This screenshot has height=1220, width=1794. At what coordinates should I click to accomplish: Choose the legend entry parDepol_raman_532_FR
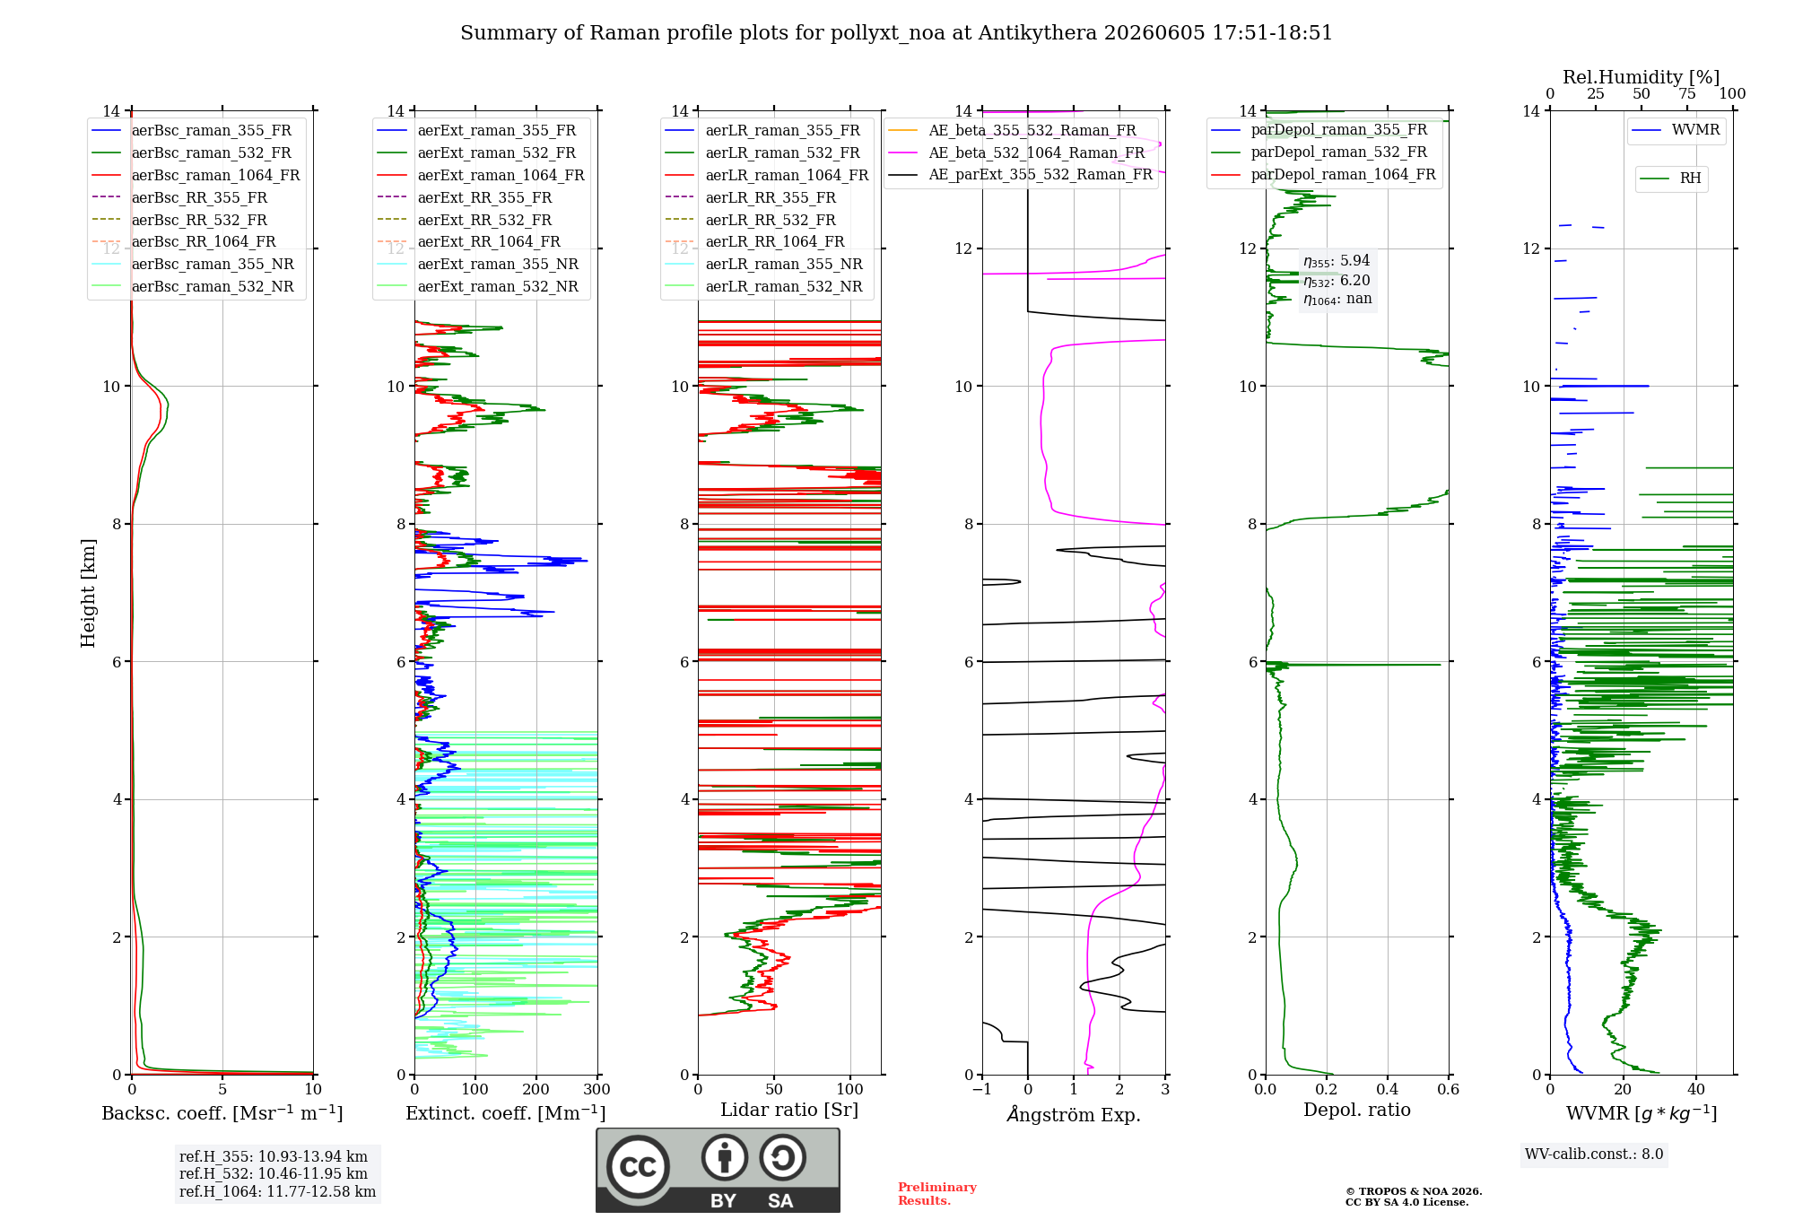click(1319, 152)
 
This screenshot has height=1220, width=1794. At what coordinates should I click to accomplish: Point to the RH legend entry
click(1670, 179)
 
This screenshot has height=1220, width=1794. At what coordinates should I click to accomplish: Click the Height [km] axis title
click(88, 593)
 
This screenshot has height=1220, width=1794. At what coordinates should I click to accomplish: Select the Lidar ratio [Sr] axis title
click(789, 1110)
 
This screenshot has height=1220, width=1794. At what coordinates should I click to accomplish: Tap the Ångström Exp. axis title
click(1074, 1114)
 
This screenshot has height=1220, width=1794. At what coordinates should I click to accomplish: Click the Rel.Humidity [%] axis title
click(1642, 77)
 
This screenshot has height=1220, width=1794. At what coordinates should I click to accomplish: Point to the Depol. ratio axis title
click(1357, 1110)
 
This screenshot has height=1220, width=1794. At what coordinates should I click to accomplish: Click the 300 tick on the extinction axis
click(597, 1089)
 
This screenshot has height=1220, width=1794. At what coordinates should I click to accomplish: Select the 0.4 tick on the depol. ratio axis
click(1388, 1089)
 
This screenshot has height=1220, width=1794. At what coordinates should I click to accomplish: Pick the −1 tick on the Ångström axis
click(982, 1089)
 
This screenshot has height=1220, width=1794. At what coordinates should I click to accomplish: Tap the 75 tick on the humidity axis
click(1687, 93)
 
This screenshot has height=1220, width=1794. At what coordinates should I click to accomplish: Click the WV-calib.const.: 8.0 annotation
click(1594, 1155)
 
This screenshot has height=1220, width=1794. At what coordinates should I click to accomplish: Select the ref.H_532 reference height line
click(274, 1173)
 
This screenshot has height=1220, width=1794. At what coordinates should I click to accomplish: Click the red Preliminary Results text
click(937, 1194)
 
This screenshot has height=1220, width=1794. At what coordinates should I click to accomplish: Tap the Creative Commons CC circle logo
click(639, 1167)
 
